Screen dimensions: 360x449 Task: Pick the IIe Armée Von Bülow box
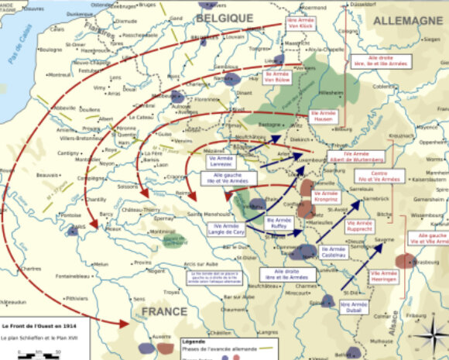(x=276, y=76)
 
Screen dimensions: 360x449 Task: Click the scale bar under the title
(x=29, y=354)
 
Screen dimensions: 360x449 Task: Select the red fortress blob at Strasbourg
(x=403, y=260)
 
